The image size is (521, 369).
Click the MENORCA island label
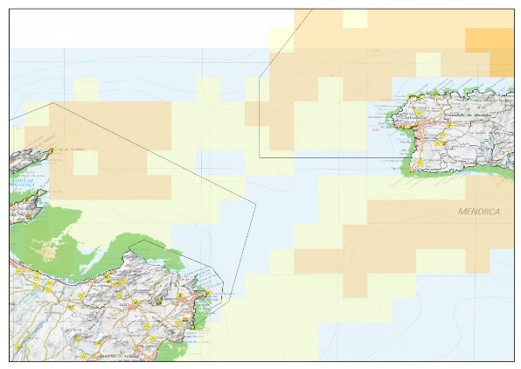pyautogui.click(x=479, y=212)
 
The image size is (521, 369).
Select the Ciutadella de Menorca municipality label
pyautogui.click(x=469, y=116)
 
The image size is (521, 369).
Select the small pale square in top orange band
pyautogui.click(x=354, y=18)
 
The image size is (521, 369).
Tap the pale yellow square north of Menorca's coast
pyautogui.click(x=427, y=65)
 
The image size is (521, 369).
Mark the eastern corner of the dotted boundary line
pyautogui.click(x=254, y=204)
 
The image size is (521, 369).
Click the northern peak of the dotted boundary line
pyautogui.click(x=52, y=102)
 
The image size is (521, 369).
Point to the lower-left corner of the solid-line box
pyautogui.click(x=260, y=157)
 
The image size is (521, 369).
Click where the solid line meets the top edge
pyautogui.click(x=310, y=10)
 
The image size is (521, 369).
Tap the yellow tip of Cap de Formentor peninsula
pyautogui.click(x=52, y=150)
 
